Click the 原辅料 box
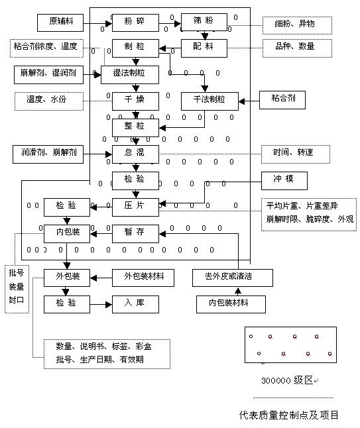60,23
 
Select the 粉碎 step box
135,23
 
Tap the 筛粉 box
204,22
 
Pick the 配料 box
204,48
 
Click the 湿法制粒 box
130,74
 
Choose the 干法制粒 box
210,101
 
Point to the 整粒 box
135,127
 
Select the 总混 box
135,154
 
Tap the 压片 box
135,207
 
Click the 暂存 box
135,234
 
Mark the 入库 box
135,304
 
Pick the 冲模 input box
284,181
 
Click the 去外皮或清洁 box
233,278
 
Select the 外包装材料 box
143,278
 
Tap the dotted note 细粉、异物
297,25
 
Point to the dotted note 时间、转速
296,154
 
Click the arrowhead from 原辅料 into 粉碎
109,23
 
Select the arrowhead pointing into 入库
109,304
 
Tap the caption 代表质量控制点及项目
288,415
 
